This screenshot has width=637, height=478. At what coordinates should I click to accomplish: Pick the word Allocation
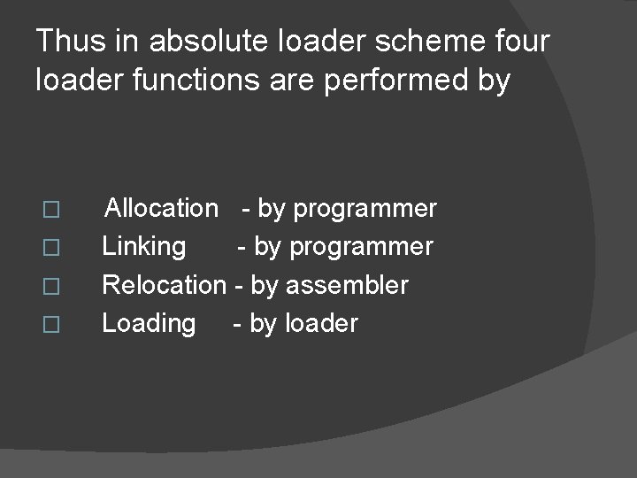161,209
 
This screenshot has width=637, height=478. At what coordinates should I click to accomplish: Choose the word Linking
144,247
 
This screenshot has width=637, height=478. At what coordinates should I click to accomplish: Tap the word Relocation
164,285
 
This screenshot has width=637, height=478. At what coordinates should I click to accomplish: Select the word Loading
149,324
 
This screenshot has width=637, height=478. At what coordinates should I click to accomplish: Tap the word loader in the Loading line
322,323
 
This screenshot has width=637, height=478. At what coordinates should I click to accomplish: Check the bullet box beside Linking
51,249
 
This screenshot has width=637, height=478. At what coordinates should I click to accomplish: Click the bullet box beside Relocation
51,287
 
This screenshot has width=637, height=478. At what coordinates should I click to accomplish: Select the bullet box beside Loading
51,325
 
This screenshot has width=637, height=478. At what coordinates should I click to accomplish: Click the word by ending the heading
493,81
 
